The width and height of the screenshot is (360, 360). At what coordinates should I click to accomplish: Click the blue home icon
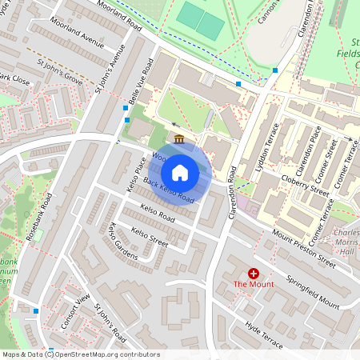(180, 172)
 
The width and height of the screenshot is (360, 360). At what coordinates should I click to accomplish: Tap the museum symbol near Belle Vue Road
(178, 140)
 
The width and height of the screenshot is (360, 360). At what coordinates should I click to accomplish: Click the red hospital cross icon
(254, 274)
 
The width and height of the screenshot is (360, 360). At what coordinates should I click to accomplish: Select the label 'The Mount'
(254, 284)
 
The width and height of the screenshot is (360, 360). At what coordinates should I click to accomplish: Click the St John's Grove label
(60, 67)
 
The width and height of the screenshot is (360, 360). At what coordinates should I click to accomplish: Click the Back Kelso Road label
(170, 190)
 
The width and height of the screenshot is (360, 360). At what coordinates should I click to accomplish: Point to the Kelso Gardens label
(117, 243)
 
